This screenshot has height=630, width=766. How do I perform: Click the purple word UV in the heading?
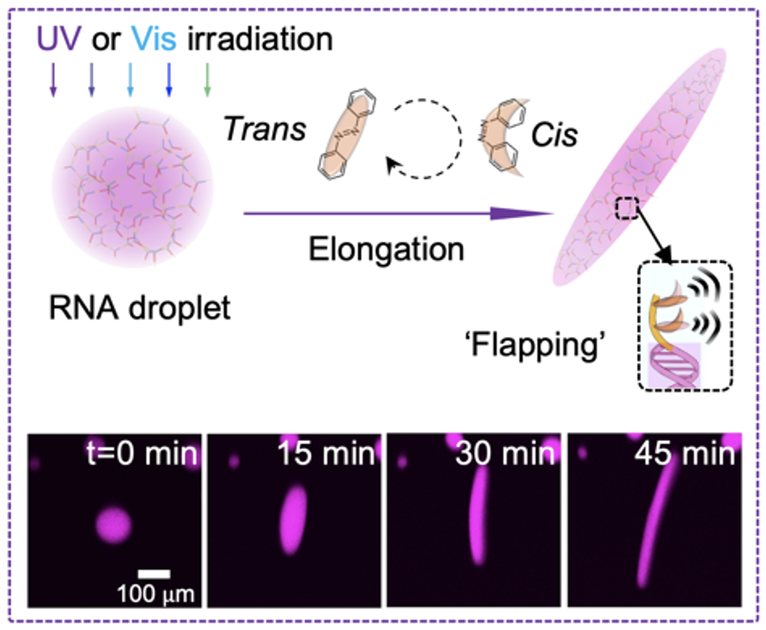pyautogui.click(x=58, y=39)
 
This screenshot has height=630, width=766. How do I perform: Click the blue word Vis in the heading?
pyautogui.click(x=154, y=39)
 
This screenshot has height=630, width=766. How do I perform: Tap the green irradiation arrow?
pyautogui.click(x=207, y=80)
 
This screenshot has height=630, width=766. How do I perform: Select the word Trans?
pyautogui.click(x=265, y=129)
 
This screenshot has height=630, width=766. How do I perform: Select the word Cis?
pyautogui.click(x=554, y=135)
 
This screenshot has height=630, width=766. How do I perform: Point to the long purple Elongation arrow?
pyautogui.click(x=398, y=213)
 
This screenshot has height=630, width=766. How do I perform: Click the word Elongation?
pyautogui.click(x=386, y=250)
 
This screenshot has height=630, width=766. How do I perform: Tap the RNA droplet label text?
pyautogui.click(x=140, y=308)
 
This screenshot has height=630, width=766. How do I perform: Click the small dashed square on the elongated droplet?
pyautogui.click(x=627, y=208)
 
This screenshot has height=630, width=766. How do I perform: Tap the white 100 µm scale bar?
pyautogui.click(x=154, y=574)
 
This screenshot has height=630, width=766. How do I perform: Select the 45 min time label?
pyautogui.click(x=684, y=453)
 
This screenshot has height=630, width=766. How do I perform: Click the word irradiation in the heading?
pyautogui.click(x=260, y=39)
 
